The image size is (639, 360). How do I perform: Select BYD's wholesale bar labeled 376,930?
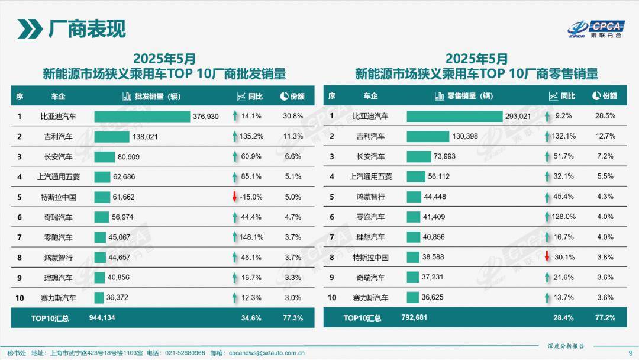coord(142,117)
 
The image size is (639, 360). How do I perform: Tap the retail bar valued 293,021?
coord(454,117)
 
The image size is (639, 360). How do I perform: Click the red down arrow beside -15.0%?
coord(234,197)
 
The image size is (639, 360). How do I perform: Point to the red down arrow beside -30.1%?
coord(547,257)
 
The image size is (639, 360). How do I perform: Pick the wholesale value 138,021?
coord(148,137)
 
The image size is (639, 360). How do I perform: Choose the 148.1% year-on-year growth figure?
coord(251,237)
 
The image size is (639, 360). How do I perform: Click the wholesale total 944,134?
coord(101,318)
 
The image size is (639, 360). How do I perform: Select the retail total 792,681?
coord(414,318)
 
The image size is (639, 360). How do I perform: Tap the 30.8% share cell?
coord(293,117)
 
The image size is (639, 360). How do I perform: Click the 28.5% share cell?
coord(605,117)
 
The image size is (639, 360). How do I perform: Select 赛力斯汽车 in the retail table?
coord(370,298)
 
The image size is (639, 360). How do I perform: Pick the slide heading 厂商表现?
coord(86,28)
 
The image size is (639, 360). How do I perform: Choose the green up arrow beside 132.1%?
coord(547,137)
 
